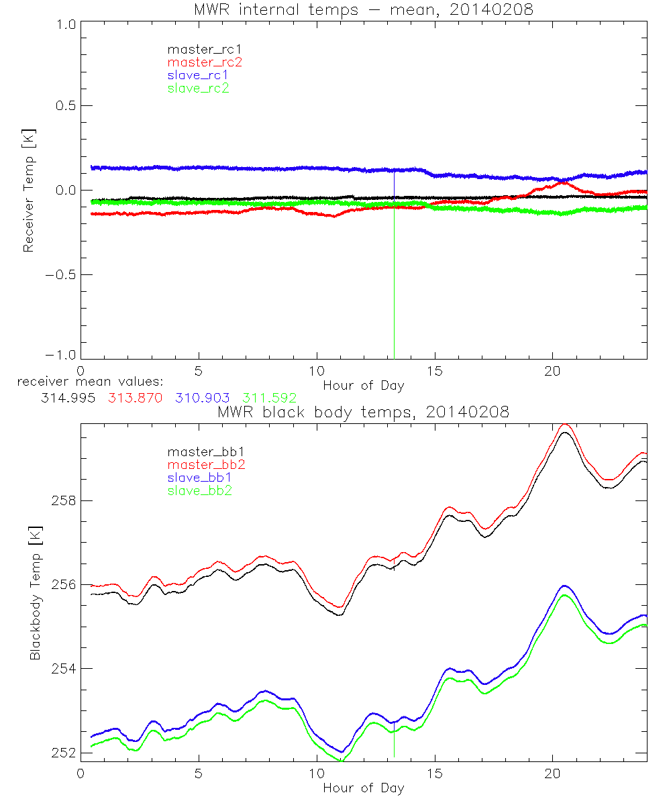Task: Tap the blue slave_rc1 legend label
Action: click(x=198, y=75)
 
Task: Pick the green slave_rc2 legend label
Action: click(x=198, y=88)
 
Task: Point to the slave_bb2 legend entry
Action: click(x=198, y=491)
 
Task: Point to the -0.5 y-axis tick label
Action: click(x=60, y=275)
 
